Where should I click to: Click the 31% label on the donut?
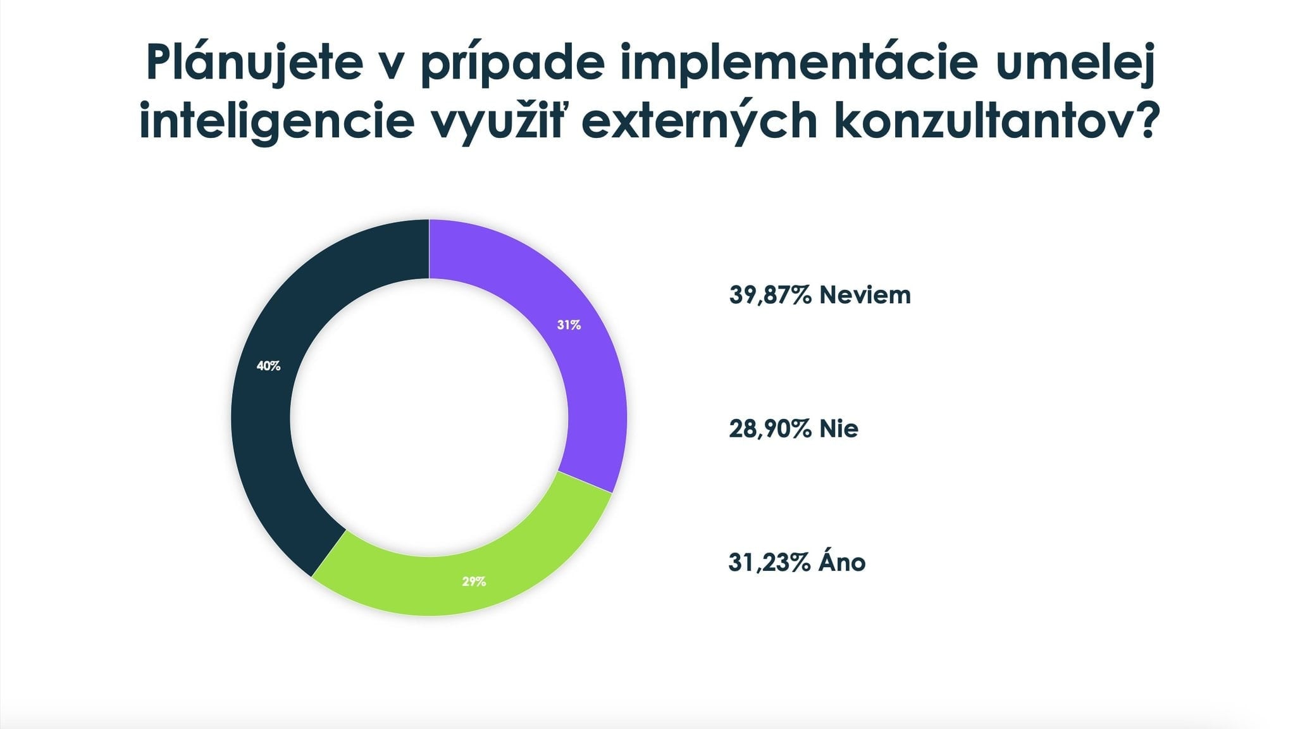(569, 325)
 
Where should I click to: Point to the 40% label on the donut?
(268, 366)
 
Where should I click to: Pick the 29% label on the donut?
(474, 581)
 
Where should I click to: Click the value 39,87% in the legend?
(770, 295)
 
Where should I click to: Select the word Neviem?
(865, 295)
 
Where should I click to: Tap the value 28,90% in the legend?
(770, 429)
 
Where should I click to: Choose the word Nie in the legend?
(839, 429)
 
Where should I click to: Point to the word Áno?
(841, 561)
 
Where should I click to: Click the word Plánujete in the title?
(254, 63)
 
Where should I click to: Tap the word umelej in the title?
(1076, 63)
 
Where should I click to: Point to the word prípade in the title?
(513, 63)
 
